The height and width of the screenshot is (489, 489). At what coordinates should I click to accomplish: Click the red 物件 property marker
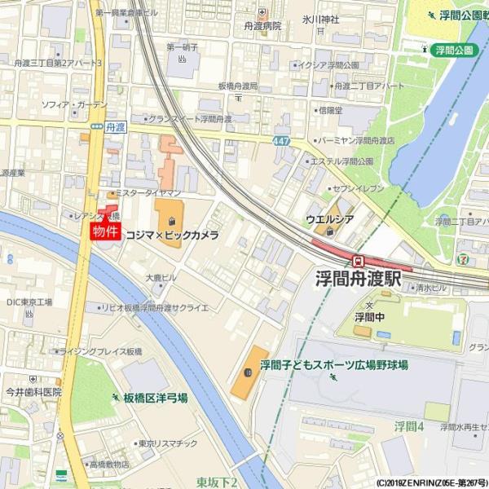point(105,231)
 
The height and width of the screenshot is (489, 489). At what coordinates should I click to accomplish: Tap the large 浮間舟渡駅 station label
point(359,279)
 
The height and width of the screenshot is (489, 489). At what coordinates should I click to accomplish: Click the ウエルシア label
point(329,219)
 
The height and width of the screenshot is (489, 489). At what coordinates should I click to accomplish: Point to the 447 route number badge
point(281,142)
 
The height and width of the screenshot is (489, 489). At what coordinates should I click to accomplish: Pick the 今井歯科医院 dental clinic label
point(33,392)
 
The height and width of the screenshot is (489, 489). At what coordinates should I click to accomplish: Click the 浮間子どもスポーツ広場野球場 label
point(334,365)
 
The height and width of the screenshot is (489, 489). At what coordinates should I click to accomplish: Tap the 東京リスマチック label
point(168,443)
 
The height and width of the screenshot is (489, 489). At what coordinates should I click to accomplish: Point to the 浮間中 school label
point(369,316)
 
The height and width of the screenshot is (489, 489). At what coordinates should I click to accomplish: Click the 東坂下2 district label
point(217,482)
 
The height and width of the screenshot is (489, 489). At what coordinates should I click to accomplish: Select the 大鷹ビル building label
point(161,278)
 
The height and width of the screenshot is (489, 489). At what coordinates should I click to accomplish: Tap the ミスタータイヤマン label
point(148,193)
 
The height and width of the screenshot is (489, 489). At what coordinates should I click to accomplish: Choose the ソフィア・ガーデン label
point(74,105)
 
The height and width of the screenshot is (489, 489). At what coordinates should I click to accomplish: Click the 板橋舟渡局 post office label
point(237,86)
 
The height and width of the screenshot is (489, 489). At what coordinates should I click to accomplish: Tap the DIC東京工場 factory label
point(29,302)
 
